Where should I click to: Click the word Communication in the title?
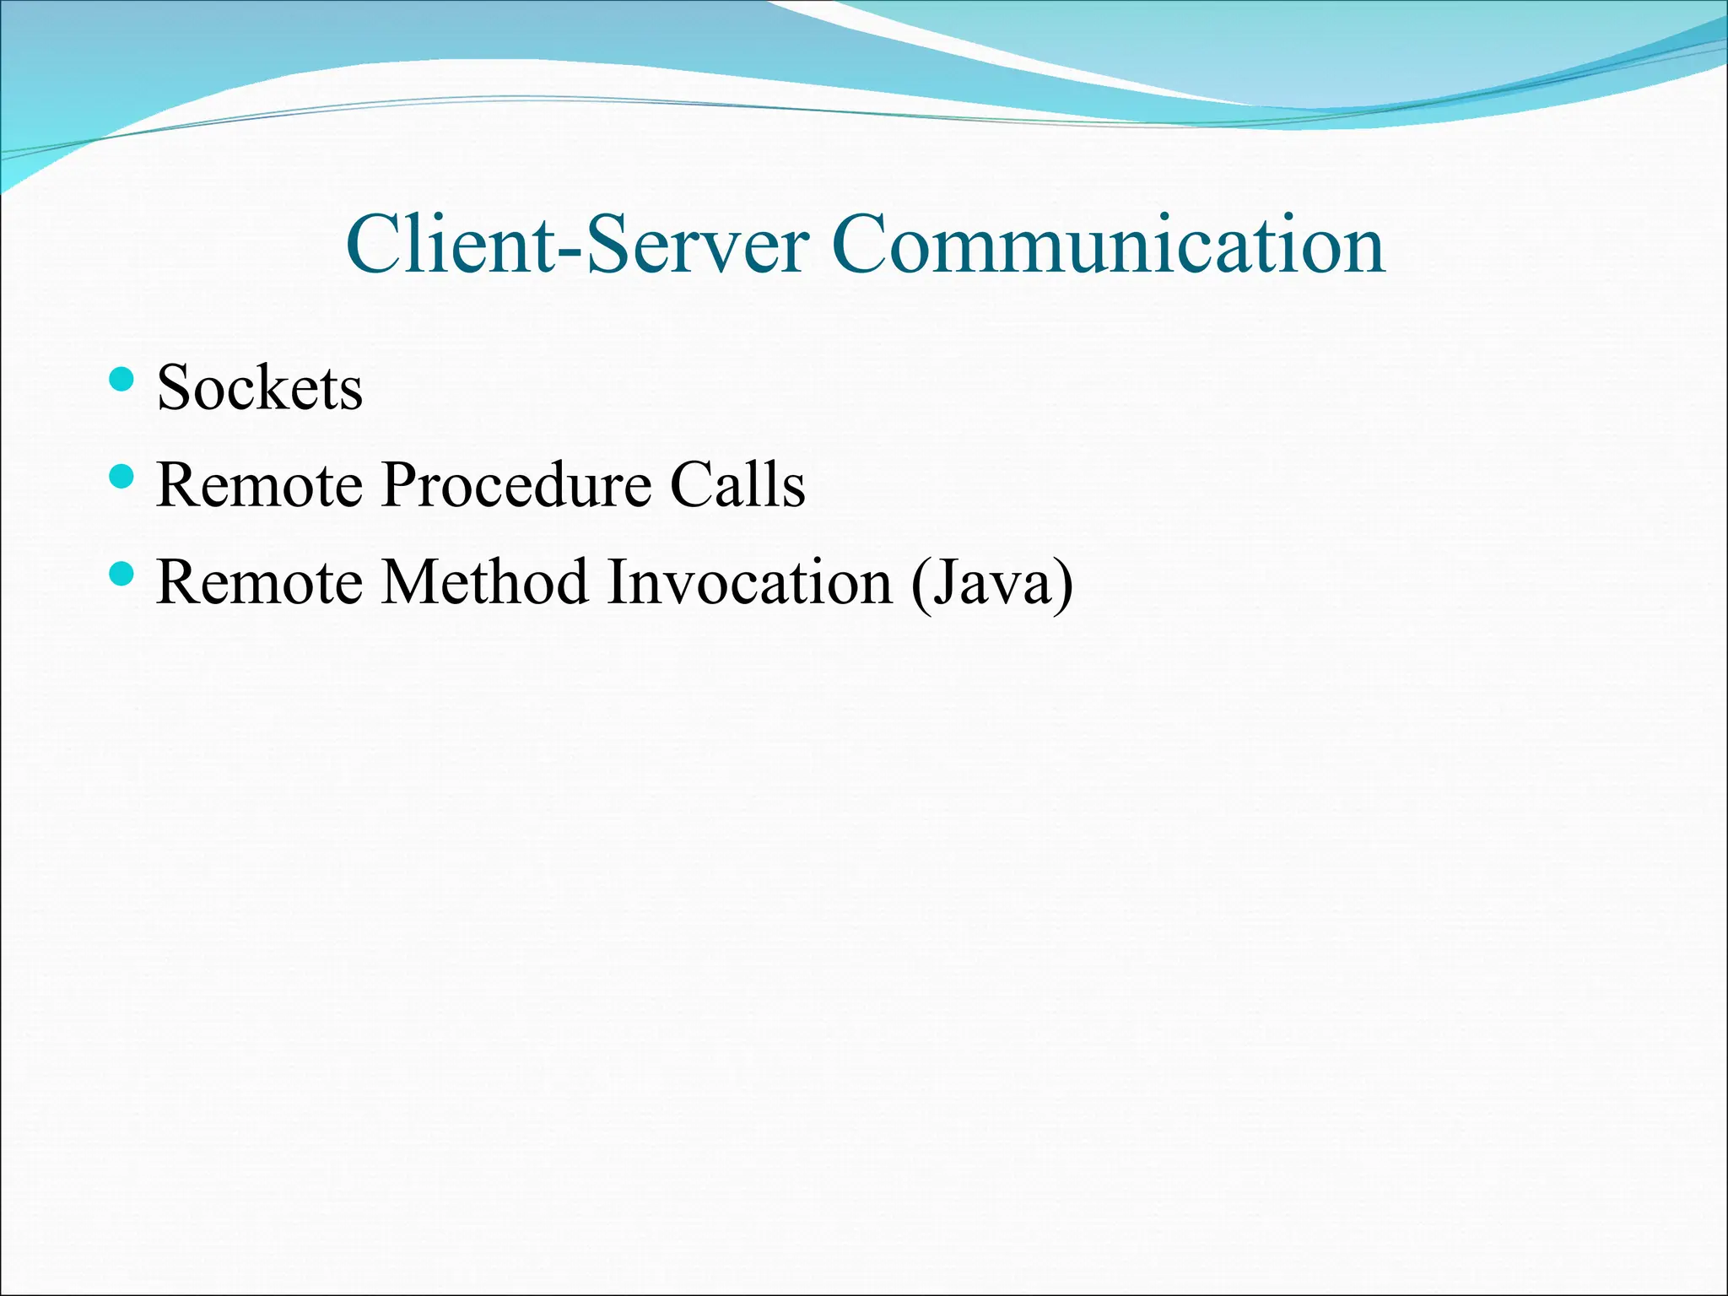[1108, 245]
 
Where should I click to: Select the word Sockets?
[259, 388]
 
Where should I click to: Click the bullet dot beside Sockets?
[122, 380]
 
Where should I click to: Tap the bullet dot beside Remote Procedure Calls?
[122, 477]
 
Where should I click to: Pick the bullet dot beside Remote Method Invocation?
[122, 574]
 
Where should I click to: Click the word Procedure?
[516, 486]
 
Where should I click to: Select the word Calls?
[737, 486]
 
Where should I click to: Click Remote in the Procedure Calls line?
[259, 486]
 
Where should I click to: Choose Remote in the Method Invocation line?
[259, 583]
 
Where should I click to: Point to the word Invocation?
[748, 583]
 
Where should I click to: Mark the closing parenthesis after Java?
[1062, 585]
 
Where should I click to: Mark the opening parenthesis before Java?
[921, 585]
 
